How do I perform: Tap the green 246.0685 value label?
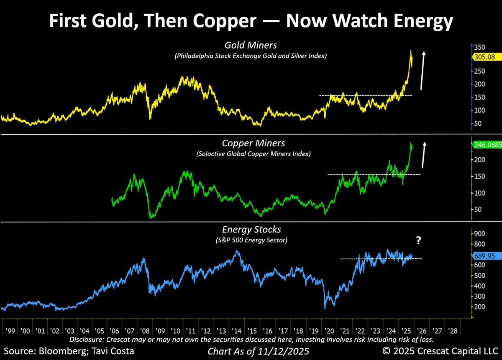pyautogui.click(x=487, y=146)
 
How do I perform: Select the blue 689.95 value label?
pyautogui.click(x=484, y=255)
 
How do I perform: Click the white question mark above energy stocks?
pyautogui.click(x=418, y=241)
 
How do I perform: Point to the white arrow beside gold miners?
pyautogui.click(x=423, y=70)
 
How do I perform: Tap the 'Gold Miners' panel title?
pyautogui.click(x=251, y=45)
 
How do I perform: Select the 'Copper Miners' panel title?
pyautogui.click(x=254, y=143)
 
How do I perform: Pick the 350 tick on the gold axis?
pyautogui.click(x=479, y=47)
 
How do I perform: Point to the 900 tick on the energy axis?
pyautogui.click(x=479, y=234)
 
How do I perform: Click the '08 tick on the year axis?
pyautogui.click(x=146, y=330)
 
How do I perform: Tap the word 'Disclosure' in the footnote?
pyautogui.click(x=88, y=339)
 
